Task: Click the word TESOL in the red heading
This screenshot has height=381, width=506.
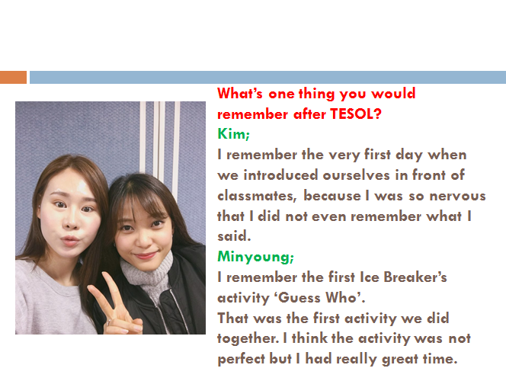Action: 356,114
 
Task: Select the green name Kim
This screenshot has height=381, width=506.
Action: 233,133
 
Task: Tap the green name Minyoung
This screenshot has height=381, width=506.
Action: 255,257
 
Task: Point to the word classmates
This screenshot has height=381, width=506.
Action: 257,196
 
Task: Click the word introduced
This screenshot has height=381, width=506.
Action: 280,174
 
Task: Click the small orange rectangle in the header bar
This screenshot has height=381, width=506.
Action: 13,78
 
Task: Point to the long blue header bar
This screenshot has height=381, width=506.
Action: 267,78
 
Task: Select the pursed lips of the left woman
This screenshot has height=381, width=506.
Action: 69,240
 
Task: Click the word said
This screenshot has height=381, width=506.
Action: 234,236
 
